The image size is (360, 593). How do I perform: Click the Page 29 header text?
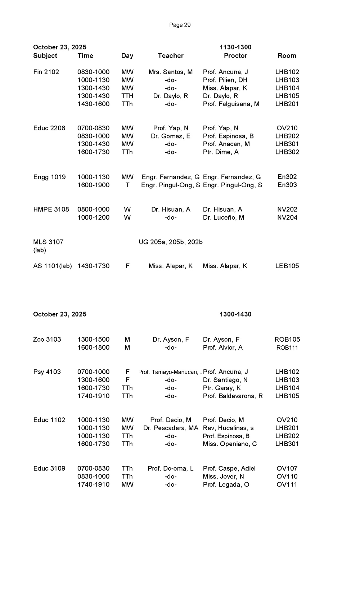click(180, 25)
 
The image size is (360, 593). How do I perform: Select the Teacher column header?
click(171, 55)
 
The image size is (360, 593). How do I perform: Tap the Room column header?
click(287, 55)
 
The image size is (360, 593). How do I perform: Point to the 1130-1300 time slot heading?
click(235, 47)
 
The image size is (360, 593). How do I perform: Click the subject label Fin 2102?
click(46, 72)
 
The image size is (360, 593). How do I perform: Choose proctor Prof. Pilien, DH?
click(225, 80)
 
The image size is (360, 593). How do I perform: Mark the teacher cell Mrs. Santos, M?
click(171, 72)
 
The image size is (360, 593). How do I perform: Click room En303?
click(287, 185)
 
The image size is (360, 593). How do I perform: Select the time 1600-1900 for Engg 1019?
click(94, 185)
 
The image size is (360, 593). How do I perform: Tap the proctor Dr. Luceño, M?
click(224, 217)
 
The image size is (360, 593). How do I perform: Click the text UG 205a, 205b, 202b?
click(171, 242)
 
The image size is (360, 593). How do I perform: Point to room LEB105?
click(287, 266)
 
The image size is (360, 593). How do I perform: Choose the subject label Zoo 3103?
click(47, 340)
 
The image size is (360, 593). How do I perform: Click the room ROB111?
click(287, 347)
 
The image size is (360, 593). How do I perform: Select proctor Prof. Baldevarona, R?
click(233, 396)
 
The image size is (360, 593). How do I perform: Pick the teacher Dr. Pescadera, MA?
click(171, 428)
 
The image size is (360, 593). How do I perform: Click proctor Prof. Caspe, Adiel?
click(229, 468)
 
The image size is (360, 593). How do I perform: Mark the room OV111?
click(287, 485)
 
